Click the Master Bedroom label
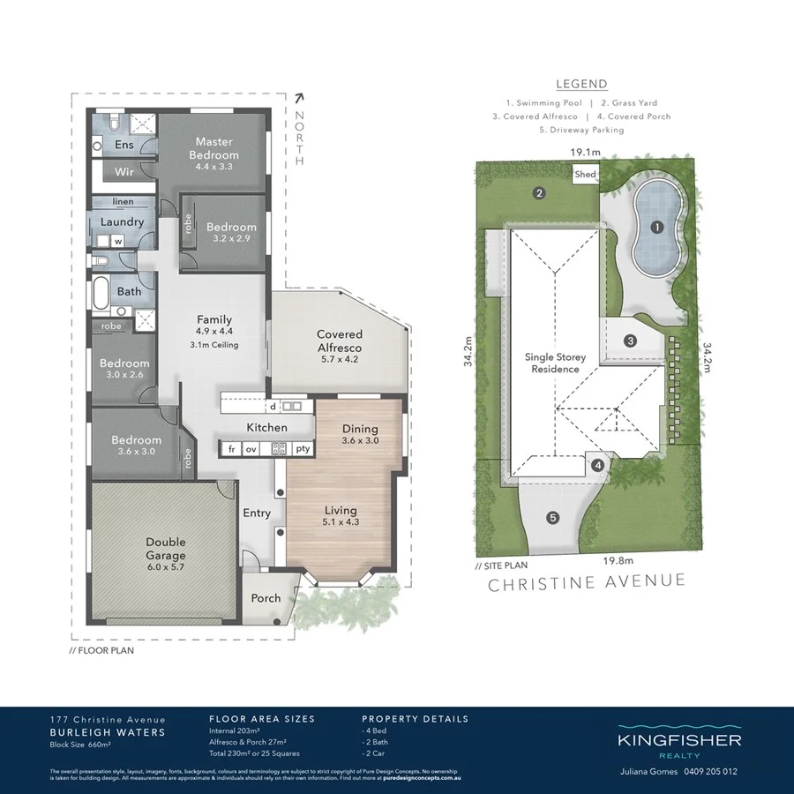(x=214, y=148)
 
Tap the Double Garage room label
(x=166, y=549)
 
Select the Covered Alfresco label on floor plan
(x=340, y=341)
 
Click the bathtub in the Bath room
(x=100, y=291)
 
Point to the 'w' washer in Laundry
(x=116, y=241)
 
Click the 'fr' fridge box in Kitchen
(x=232, y=449)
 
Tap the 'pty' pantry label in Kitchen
(x=303, y=449)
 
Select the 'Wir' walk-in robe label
(x=124, y=172)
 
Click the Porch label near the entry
(x=266, y=597)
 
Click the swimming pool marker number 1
(x=656, y=227)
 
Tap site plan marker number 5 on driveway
(x=552, y=518)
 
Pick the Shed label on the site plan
(x=585, y=175)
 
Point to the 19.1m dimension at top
(x=584, y=153)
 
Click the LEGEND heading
(x=581, y=85)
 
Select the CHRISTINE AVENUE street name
(x=586, y=581)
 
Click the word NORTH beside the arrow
(x=300, y=139)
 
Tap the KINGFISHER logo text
(x=678, y=741)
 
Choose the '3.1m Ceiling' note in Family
(x=214, y=345)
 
